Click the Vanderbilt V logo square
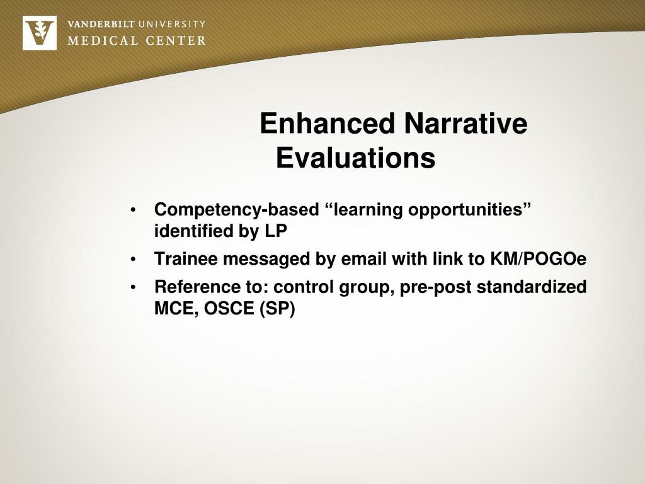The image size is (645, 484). (39, 33)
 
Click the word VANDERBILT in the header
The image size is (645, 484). (101, 25)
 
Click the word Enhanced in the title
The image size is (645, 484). (328, 124)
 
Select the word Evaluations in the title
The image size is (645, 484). (355, 158)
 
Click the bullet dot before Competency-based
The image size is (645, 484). (134, 210)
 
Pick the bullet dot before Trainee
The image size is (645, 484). (134, 260)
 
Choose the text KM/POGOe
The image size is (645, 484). (539, 259)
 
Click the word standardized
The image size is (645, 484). (532, 287)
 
